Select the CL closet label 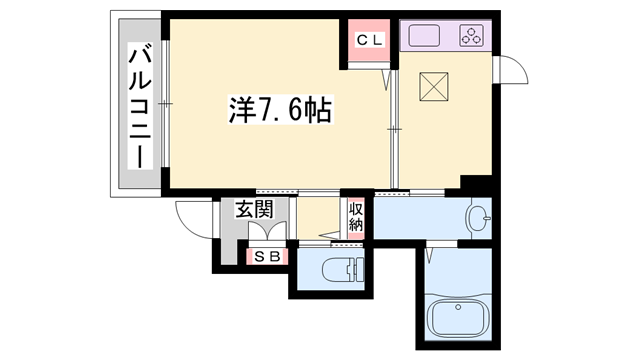click(368, 41)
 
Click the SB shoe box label click(267, 256)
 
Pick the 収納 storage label click(356, 217)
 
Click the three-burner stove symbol click(471, 37)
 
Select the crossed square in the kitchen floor click(436, 88)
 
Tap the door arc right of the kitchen click(513, 73)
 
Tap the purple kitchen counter click(447, 37)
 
